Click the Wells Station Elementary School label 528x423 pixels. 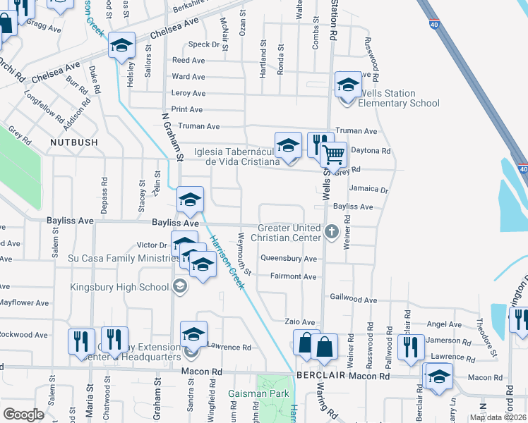[x=399, y=99]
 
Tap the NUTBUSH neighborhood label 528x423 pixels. [x=73, y=142]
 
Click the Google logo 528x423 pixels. [x=23, y=414]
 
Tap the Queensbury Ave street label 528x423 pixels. [x=289, y=259]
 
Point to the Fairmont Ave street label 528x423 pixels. [x=293, y=276]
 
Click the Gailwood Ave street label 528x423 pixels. [x=353, y=300]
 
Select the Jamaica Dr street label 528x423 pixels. [x=368, y=190]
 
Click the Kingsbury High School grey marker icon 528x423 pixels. [x=180, y=286]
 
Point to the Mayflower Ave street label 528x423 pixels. [x=24, y=303]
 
